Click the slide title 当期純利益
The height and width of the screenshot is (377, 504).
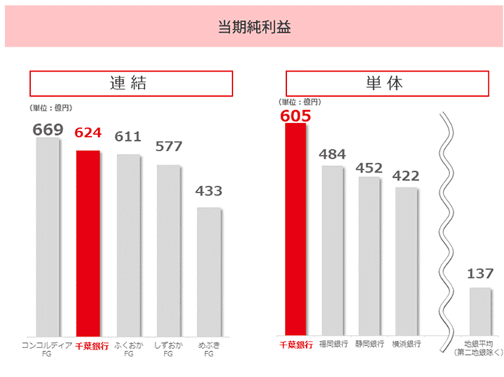(252, 29)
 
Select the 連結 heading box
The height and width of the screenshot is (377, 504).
(131, 83)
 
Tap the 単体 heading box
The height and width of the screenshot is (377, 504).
(387, 83)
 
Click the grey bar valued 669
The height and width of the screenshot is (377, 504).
(48, 236)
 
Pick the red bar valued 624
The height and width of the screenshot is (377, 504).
(88, 243)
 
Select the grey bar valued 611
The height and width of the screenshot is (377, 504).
(128, 245)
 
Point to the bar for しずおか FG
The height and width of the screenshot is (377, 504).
(168, 251)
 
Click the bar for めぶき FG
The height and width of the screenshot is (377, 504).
(208, 271)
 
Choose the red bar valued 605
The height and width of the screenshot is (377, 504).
(295, 229)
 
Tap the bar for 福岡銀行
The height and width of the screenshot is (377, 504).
(332, 251)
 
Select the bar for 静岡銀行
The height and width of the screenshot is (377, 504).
(369, 256)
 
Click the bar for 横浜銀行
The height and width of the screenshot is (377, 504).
(406, 262)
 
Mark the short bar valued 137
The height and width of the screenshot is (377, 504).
(480, 311)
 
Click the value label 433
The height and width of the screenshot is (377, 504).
(209, 191)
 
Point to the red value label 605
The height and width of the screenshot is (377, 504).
(295, 115)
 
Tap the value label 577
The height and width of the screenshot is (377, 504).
(168, 146)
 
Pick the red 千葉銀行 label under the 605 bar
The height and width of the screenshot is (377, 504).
(295, 345)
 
